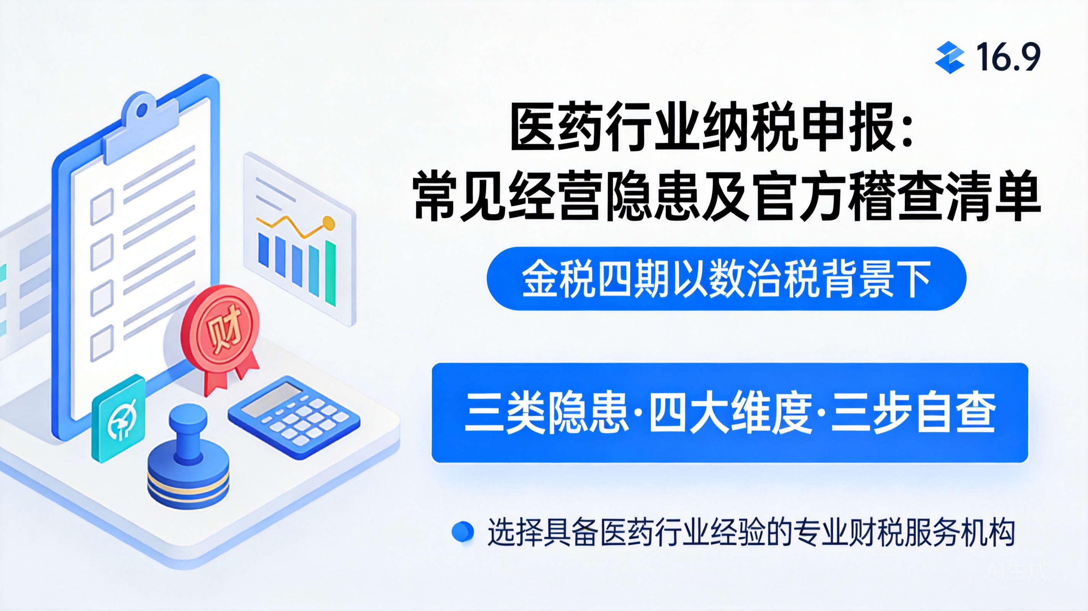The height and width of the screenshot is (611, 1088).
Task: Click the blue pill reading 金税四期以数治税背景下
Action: click(727, 279)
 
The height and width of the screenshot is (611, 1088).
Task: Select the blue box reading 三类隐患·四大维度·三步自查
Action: click(730, 412)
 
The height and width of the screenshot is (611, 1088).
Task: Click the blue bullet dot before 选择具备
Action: click(463, 532)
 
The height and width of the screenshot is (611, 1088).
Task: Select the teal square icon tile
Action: click(119, 418)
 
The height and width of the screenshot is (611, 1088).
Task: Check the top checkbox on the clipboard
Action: click(102, 207)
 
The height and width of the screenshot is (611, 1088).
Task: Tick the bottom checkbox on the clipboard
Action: click(102, 343)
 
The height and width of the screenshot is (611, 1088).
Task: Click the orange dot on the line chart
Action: click(328, 222)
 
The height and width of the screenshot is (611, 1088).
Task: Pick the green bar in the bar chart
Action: click(330, 273)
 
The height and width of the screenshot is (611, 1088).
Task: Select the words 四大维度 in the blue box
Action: click(730, 412)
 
